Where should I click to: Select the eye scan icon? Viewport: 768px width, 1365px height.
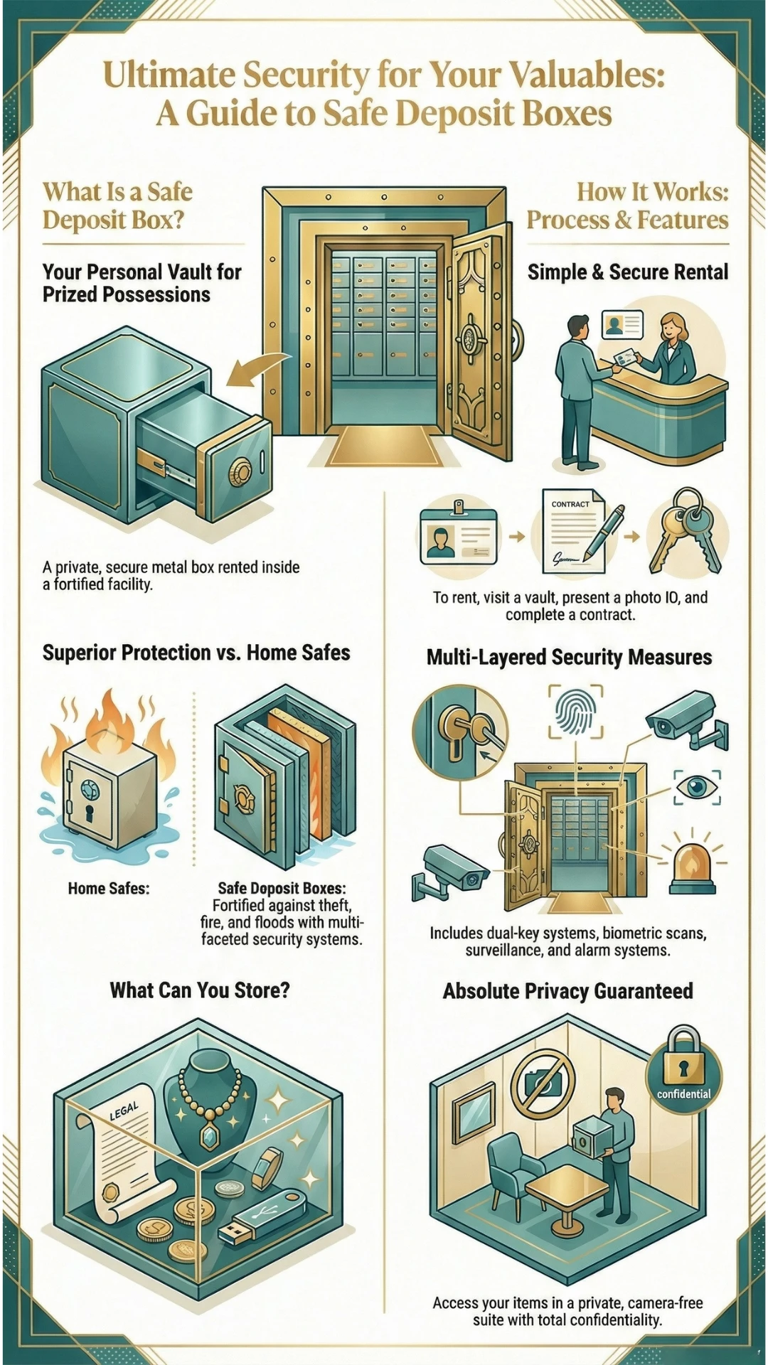[697, 787]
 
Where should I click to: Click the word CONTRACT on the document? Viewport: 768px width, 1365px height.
[570, 504]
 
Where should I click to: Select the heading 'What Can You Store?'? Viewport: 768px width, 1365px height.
[200, 990]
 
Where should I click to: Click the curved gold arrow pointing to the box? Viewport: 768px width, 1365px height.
[262, 368]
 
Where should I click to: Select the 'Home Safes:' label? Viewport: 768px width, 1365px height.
[109, 888]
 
